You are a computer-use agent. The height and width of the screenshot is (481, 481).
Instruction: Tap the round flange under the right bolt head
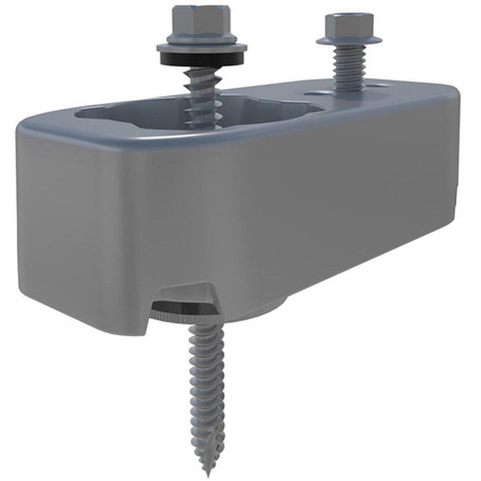(349, 40)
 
